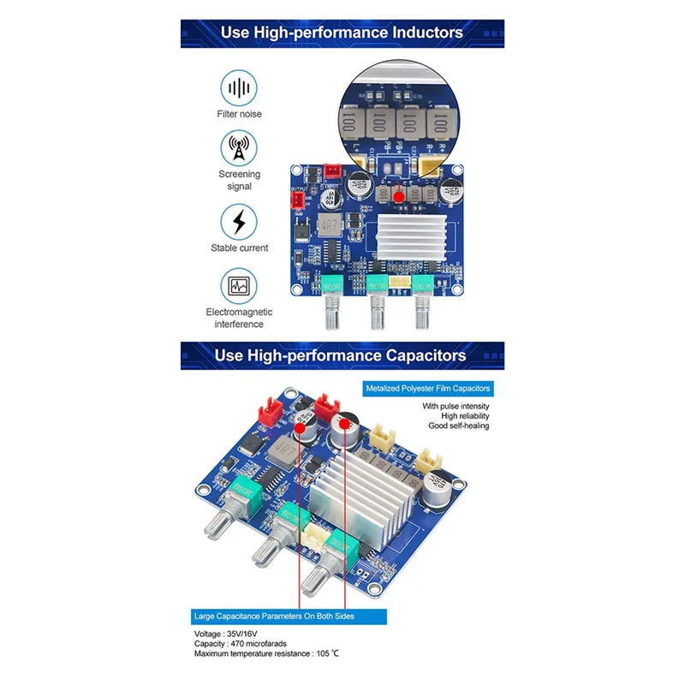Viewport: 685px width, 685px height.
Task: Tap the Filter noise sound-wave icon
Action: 240,87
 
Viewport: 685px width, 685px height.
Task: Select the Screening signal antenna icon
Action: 240,149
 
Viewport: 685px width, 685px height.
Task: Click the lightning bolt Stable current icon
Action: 240,222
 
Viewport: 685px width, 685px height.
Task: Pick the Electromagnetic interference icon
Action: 240,286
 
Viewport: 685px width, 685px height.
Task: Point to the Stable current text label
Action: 240,248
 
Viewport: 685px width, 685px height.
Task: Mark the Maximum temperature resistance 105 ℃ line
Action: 266,655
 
